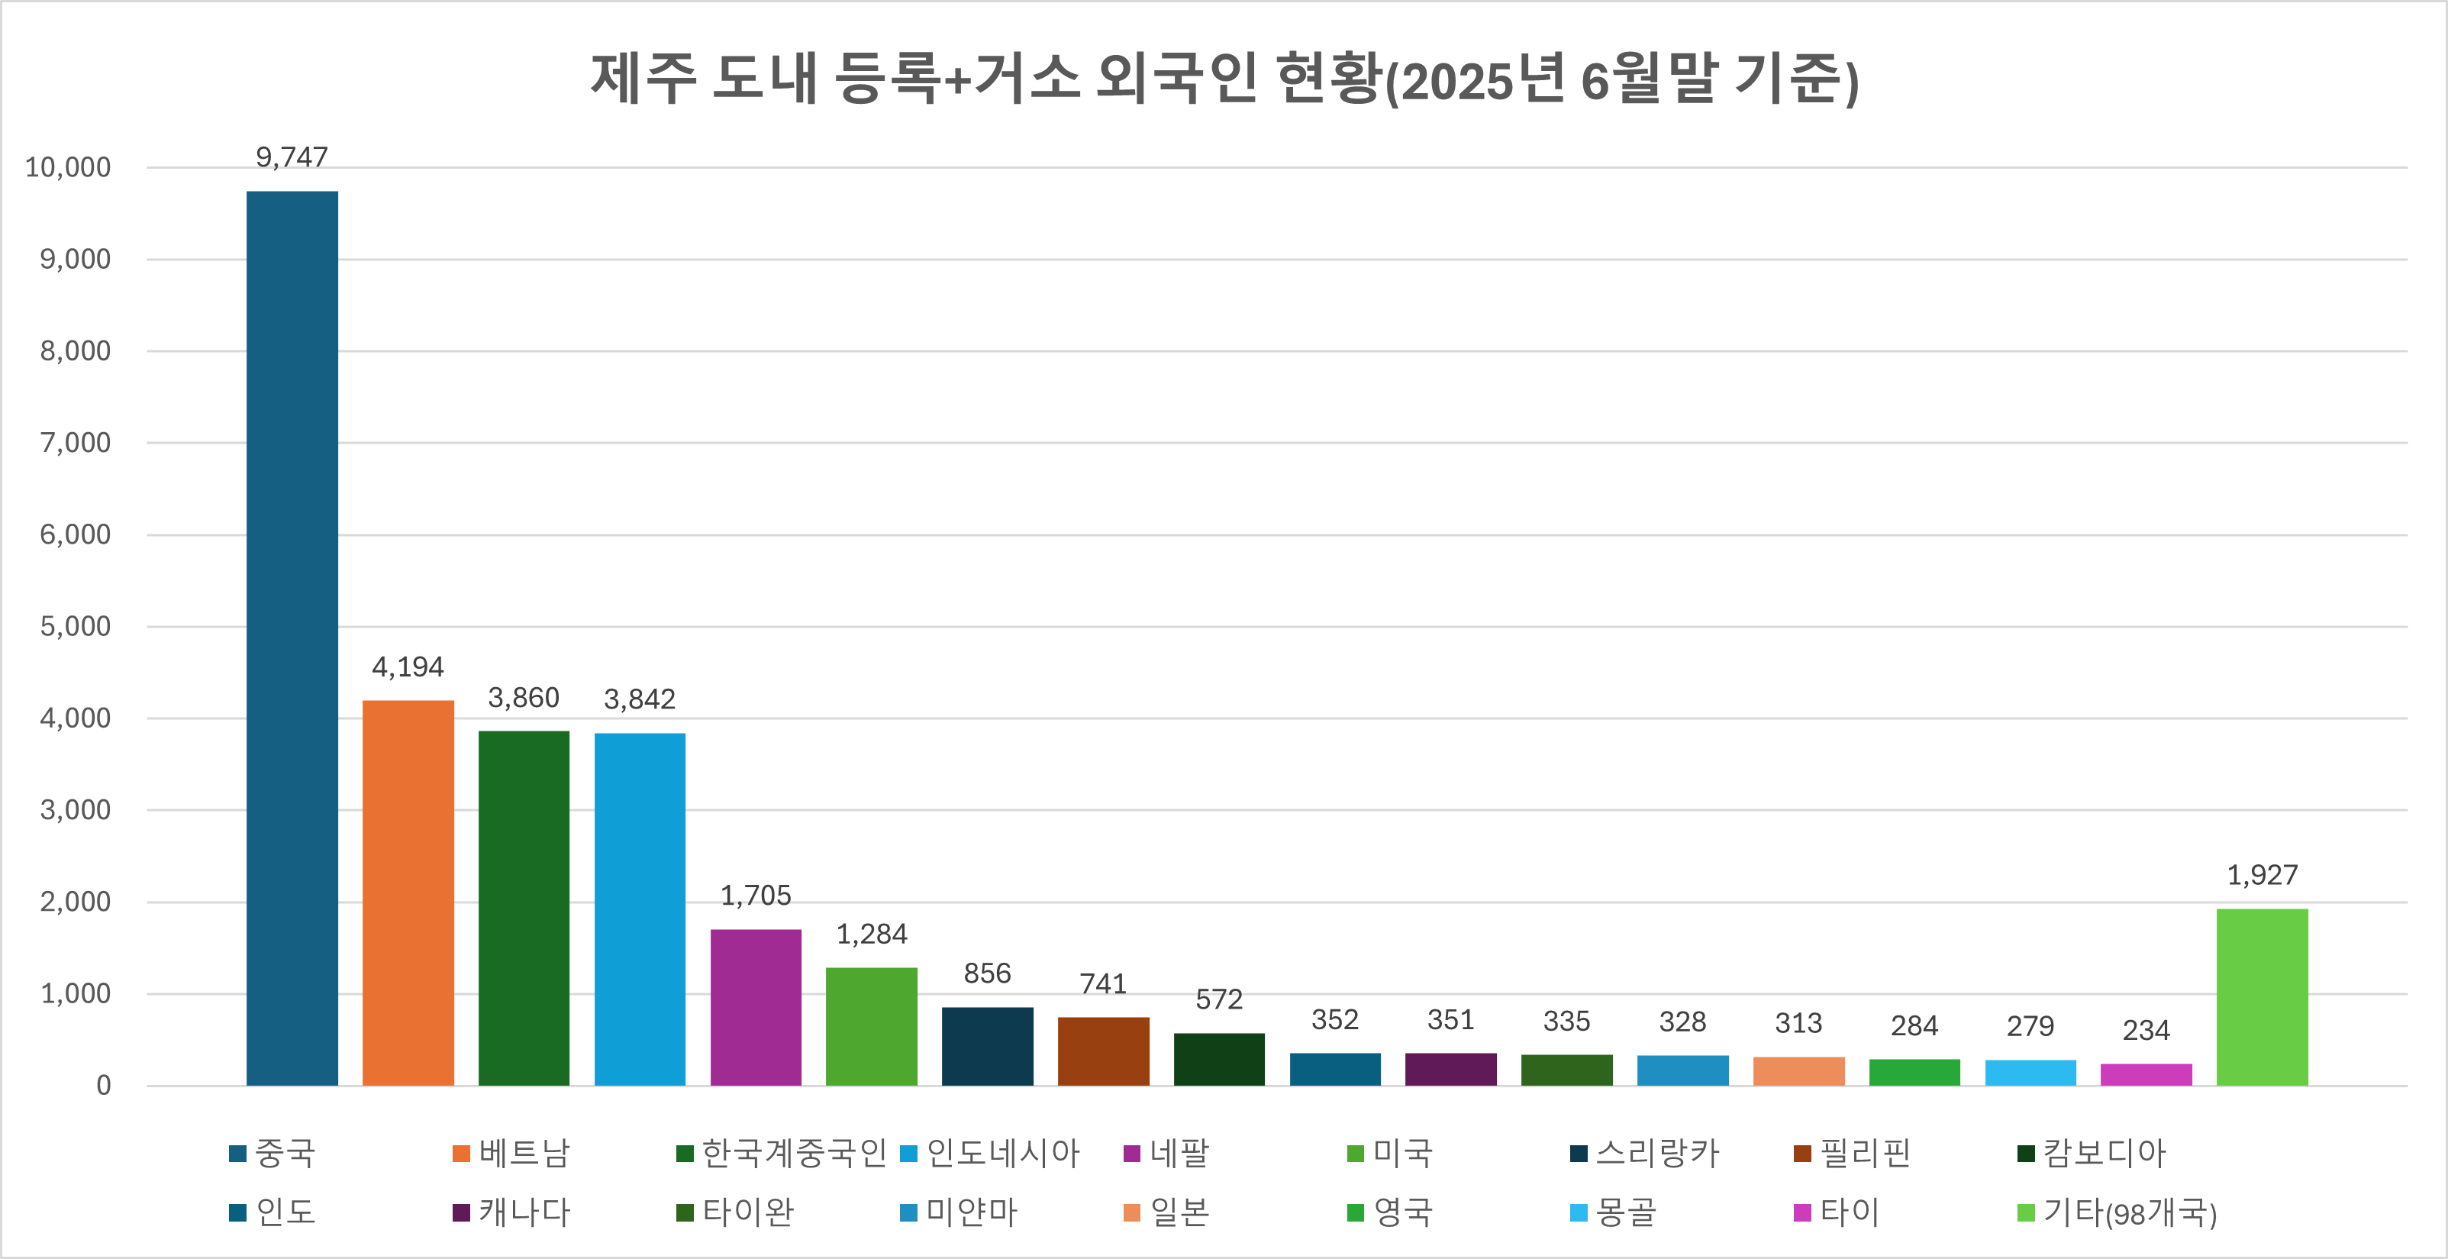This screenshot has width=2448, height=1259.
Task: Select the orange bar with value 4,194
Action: point(408,893)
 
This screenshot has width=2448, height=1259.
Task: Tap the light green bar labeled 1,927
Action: point(2262,997)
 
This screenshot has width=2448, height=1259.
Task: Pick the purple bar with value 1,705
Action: point(756,1006)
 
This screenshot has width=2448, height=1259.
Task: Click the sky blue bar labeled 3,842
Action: point(640,909)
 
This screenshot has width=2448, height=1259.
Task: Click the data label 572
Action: point(1218,999)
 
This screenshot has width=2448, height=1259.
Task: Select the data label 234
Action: point(2146,1030)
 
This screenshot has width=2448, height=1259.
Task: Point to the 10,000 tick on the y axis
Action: point(67,168)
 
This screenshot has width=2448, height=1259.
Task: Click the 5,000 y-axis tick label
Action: point(75,627)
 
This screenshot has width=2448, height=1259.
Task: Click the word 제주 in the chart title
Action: point(643,79)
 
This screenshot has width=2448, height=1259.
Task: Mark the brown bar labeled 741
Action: point(1102,1051)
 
